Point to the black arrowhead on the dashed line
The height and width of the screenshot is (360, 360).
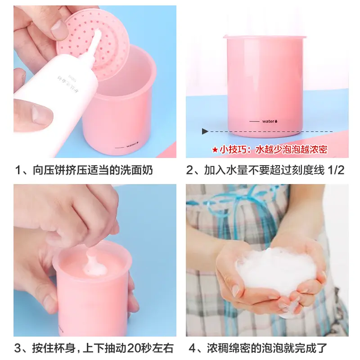tap(205, 131)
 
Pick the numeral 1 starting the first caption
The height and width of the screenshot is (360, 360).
tap(18, 171)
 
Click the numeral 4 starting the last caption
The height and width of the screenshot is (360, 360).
tap(191, 348)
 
